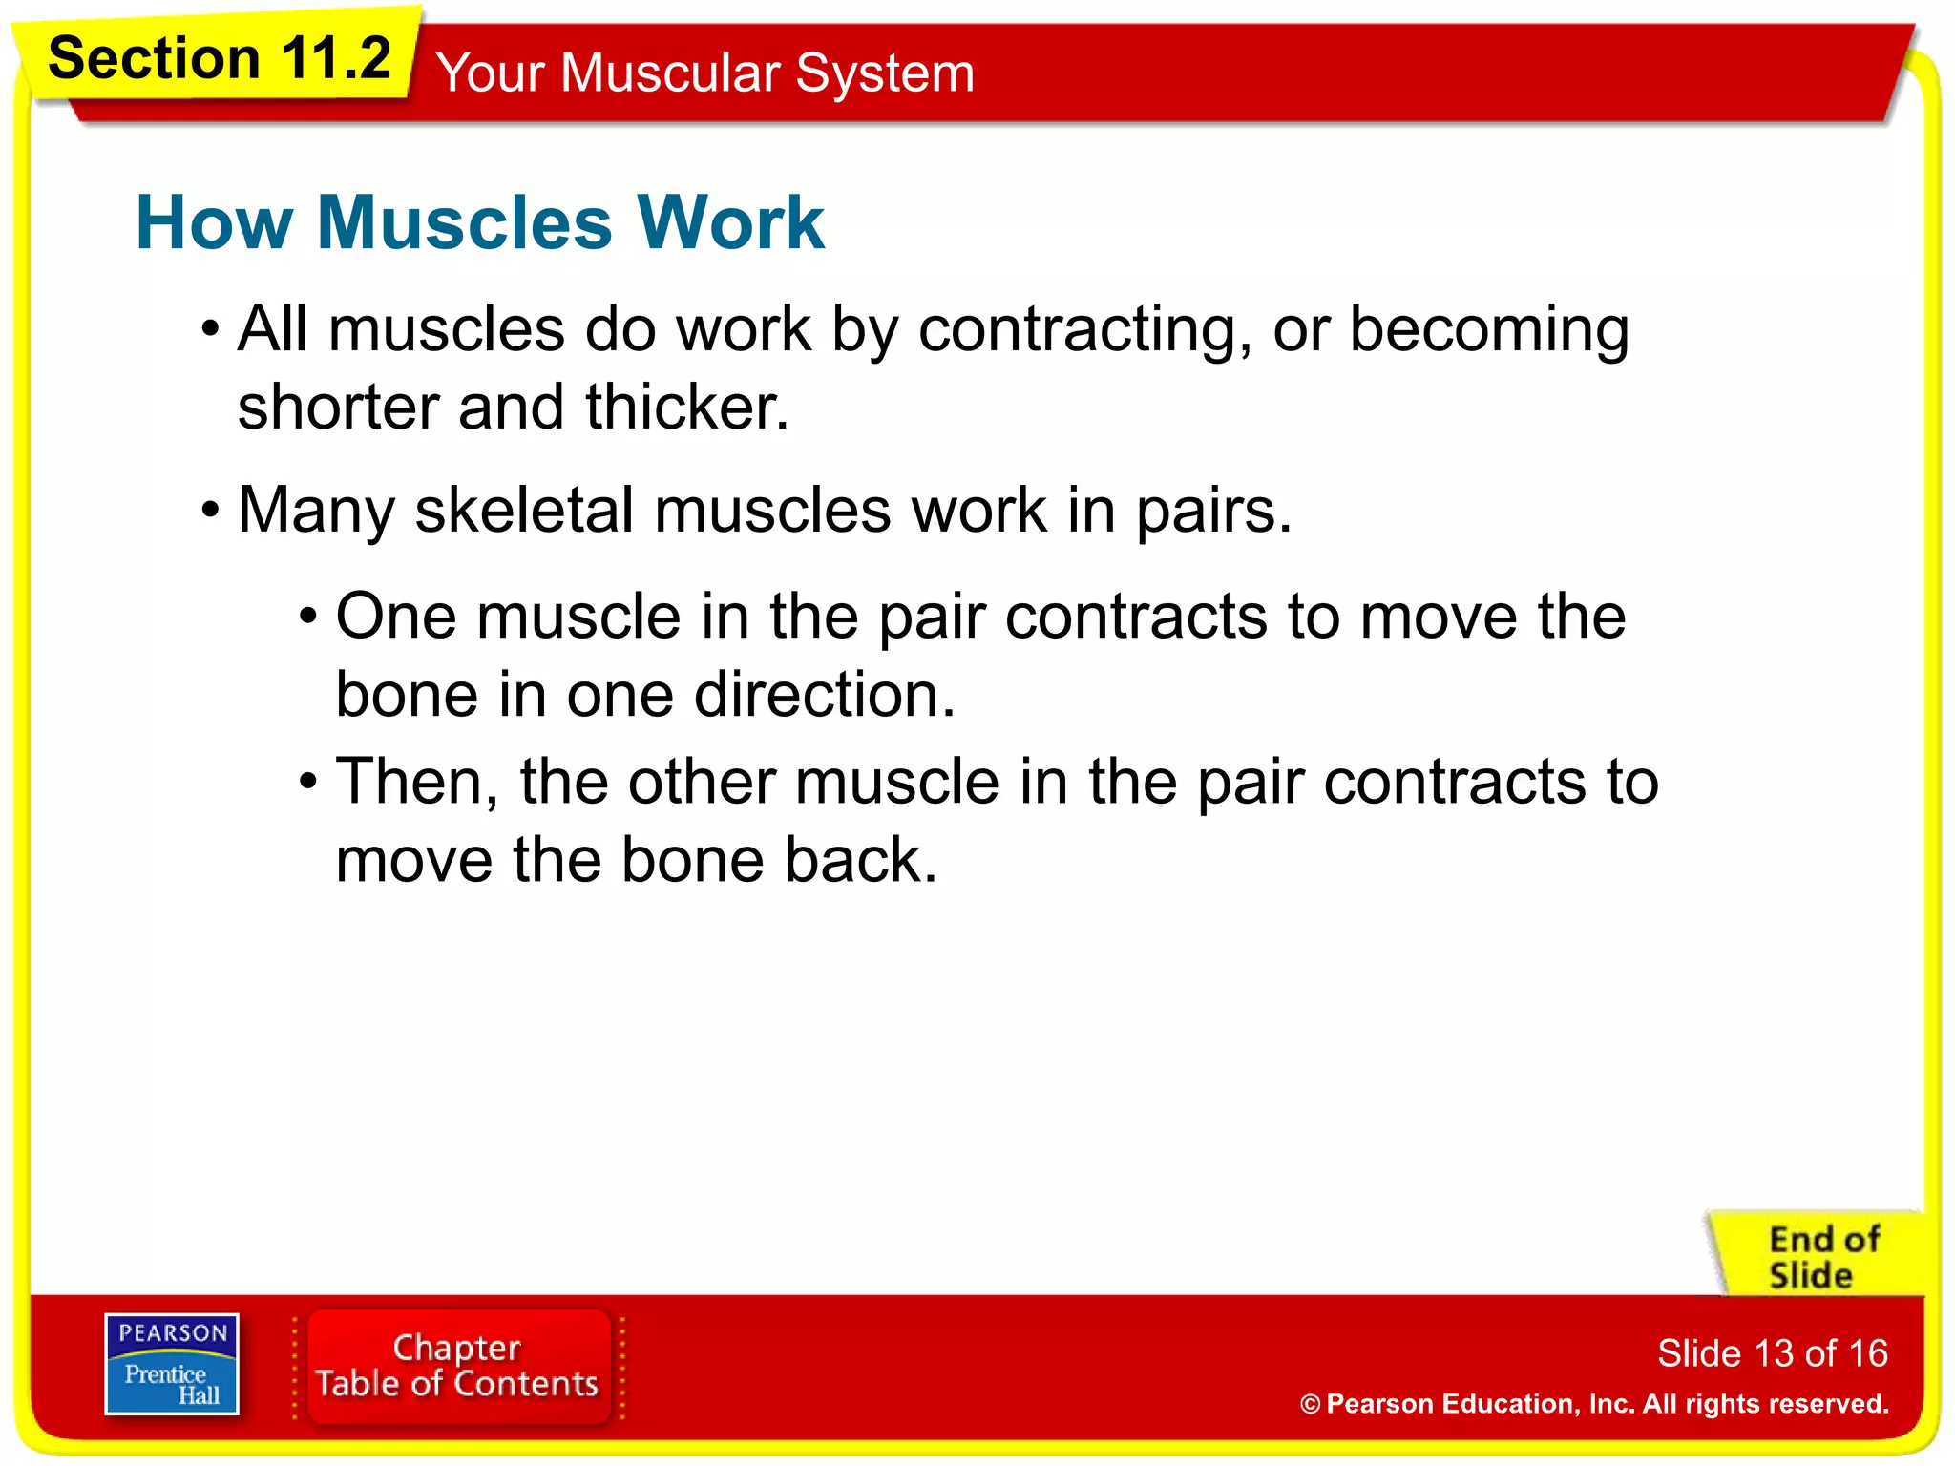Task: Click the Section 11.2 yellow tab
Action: pos(220,59)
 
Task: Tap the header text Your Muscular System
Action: pos(704,73)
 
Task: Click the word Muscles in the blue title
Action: pos(464,222)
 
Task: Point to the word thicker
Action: pos(686,408)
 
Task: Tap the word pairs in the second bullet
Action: pos(1212,512)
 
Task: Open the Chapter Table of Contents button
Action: pos(457,1366)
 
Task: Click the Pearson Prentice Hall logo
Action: pos(172,1364)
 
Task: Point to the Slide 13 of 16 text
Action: pos(1772,1353)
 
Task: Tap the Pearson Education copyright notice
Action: pos(1594,1404)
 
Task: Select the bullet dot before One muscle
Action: pos(307,618)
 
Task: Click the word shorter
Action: pos(338,408)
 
